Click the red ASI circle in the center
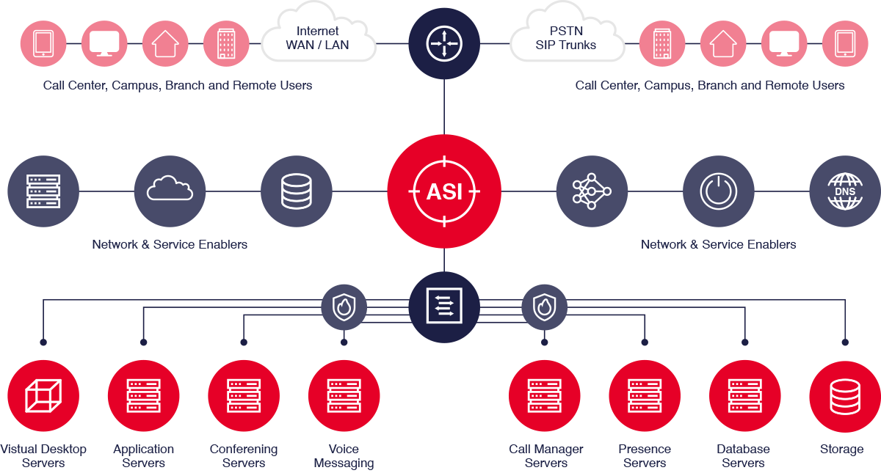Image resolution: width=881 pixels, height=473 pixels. (x=444, y=192)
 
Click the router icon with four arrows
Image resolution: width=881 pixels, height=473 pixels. (x=443, y=43)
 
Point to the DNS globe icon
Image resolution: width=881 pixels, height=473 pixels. (x=844, y=191)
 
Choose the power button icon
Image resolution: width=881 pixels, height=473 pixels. (x=718, y=191)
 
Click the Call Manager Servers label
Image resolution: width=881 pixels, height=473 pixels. (x=546, y=455)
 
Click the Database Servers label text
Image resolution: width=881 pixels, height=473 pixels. (x=743, y=455)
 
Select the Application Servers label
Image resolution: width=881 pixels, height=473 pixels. (x=144, y=455)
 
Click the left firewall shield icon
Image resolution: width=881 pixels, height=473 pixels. (x=344, y=307)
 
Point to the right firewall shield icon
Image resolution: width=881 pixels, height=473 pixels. (x=544, y=307)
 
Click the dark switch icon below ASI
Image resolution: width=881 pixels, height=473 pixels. (x=443, y=307)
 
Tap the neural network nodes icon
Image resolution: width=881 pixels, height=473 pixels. (x=592, y=191)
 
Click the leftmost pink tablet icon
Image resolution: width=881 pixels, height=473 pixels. (x=43, y=43)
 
